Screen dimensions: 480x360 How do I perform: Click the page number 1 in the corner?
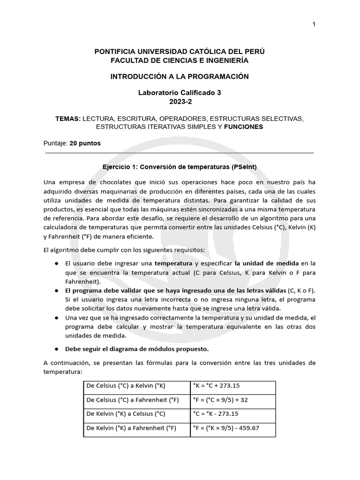click(x=314, y=24)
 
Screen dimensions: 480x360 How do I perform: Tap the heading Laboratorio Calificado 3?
click(x=180, y=93)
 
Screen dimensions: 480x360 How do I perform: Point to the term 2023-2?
click(x=180, y=101)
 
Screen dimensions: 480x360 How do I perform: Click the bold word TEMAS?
click(x=68, y=119)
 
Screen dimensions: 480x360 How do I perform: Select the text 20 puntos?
click(x=85, y=143)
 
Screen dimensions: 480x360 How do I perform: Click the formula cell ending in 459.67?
click(x=226, y=428)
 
